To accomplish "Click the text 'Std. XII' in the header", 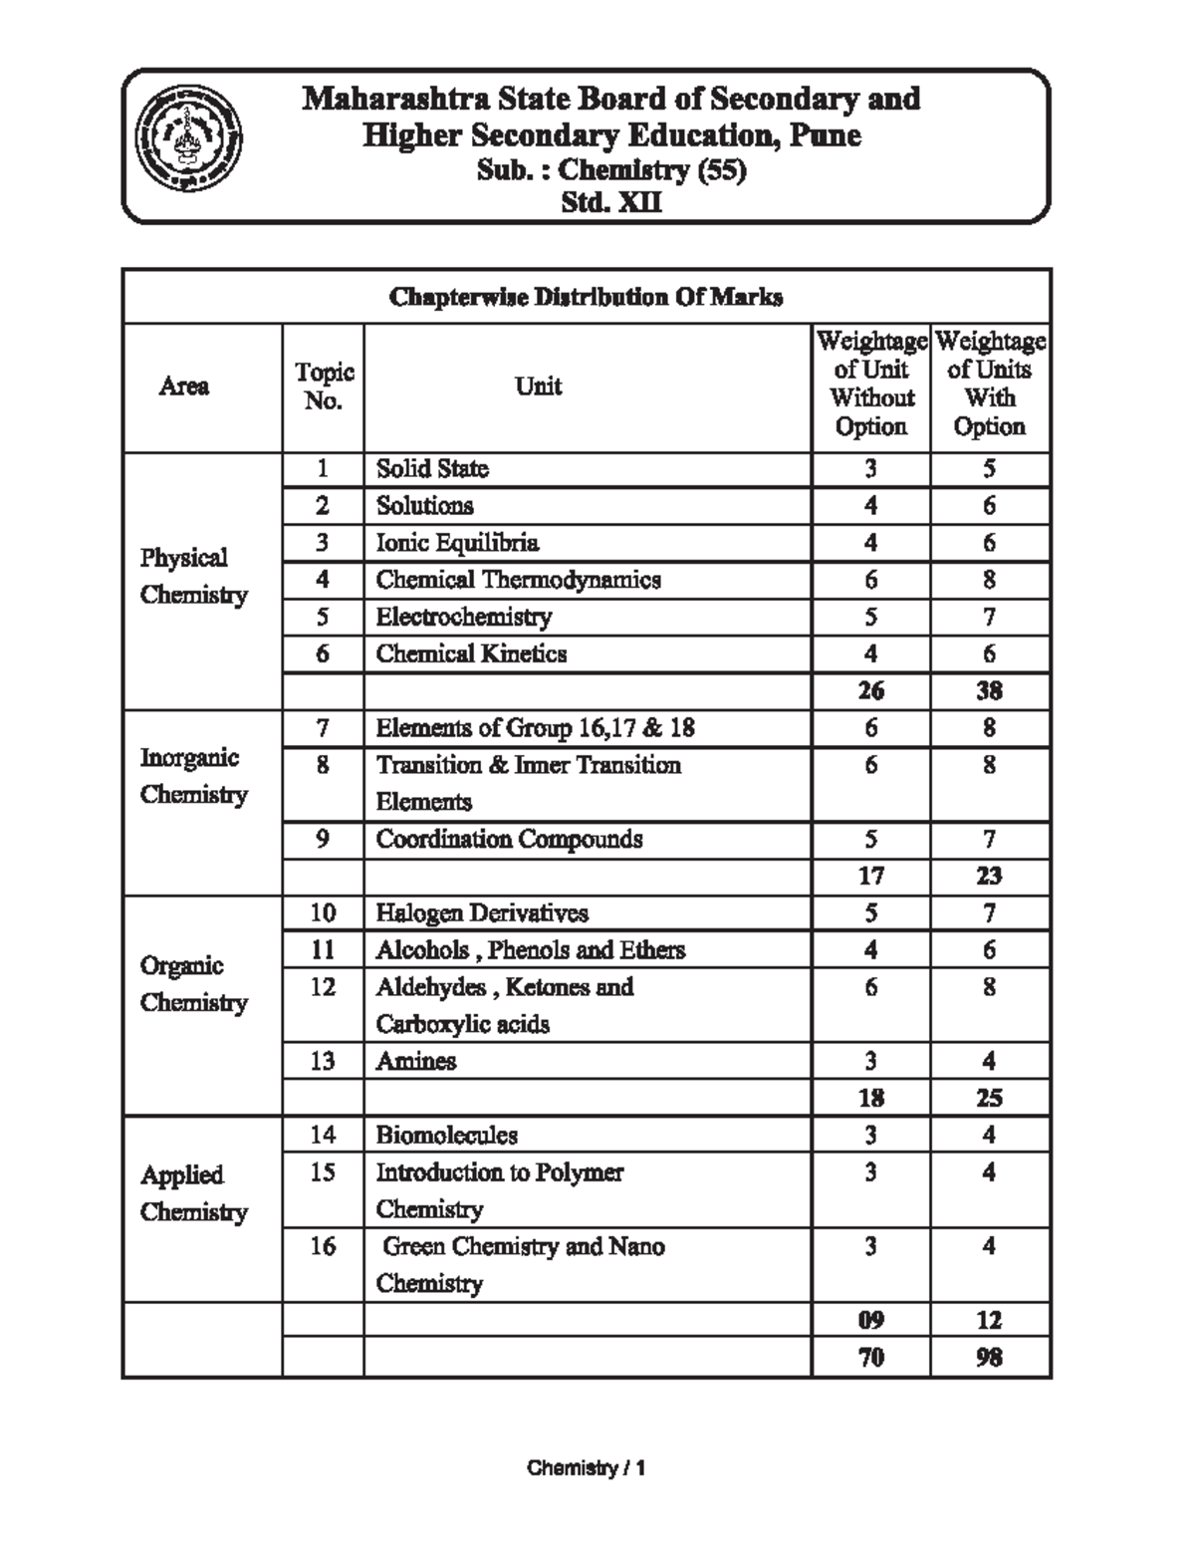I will [611, 203].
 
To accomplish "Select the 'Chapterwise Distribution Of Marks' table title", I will [586, 297].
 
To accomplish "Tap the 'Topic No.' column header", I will [324, 387].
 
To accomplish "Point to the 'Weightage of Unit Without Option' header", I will [871, 385].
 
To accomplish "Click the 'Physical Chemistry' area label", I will [193, 576].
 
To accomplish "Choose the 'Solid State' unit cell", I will [432, 469].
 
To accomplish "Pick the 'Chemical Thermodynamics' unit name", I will [518, 580].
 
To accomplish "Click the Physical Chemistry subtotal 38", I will [989, 691].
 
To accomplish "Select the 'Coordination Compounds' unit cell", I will [509, 840].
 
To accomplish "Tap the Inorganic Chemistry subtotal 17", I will [871, 877].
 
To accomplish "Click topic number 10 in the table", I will [323, 913].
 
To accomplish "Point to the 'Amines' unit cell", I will [416, 1062].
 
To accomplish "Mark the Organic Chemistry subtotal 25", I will [989, 1099].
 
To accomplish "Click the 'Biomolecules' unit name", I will [446, 1136].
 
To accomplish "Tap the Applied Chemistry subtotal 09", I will [871, 1321].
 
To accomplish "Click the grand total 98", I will [989, 1358].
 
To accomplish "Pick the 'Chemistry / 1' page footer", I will [587, 1468].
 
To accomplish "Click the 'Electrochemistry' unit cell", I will [463, 618].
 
